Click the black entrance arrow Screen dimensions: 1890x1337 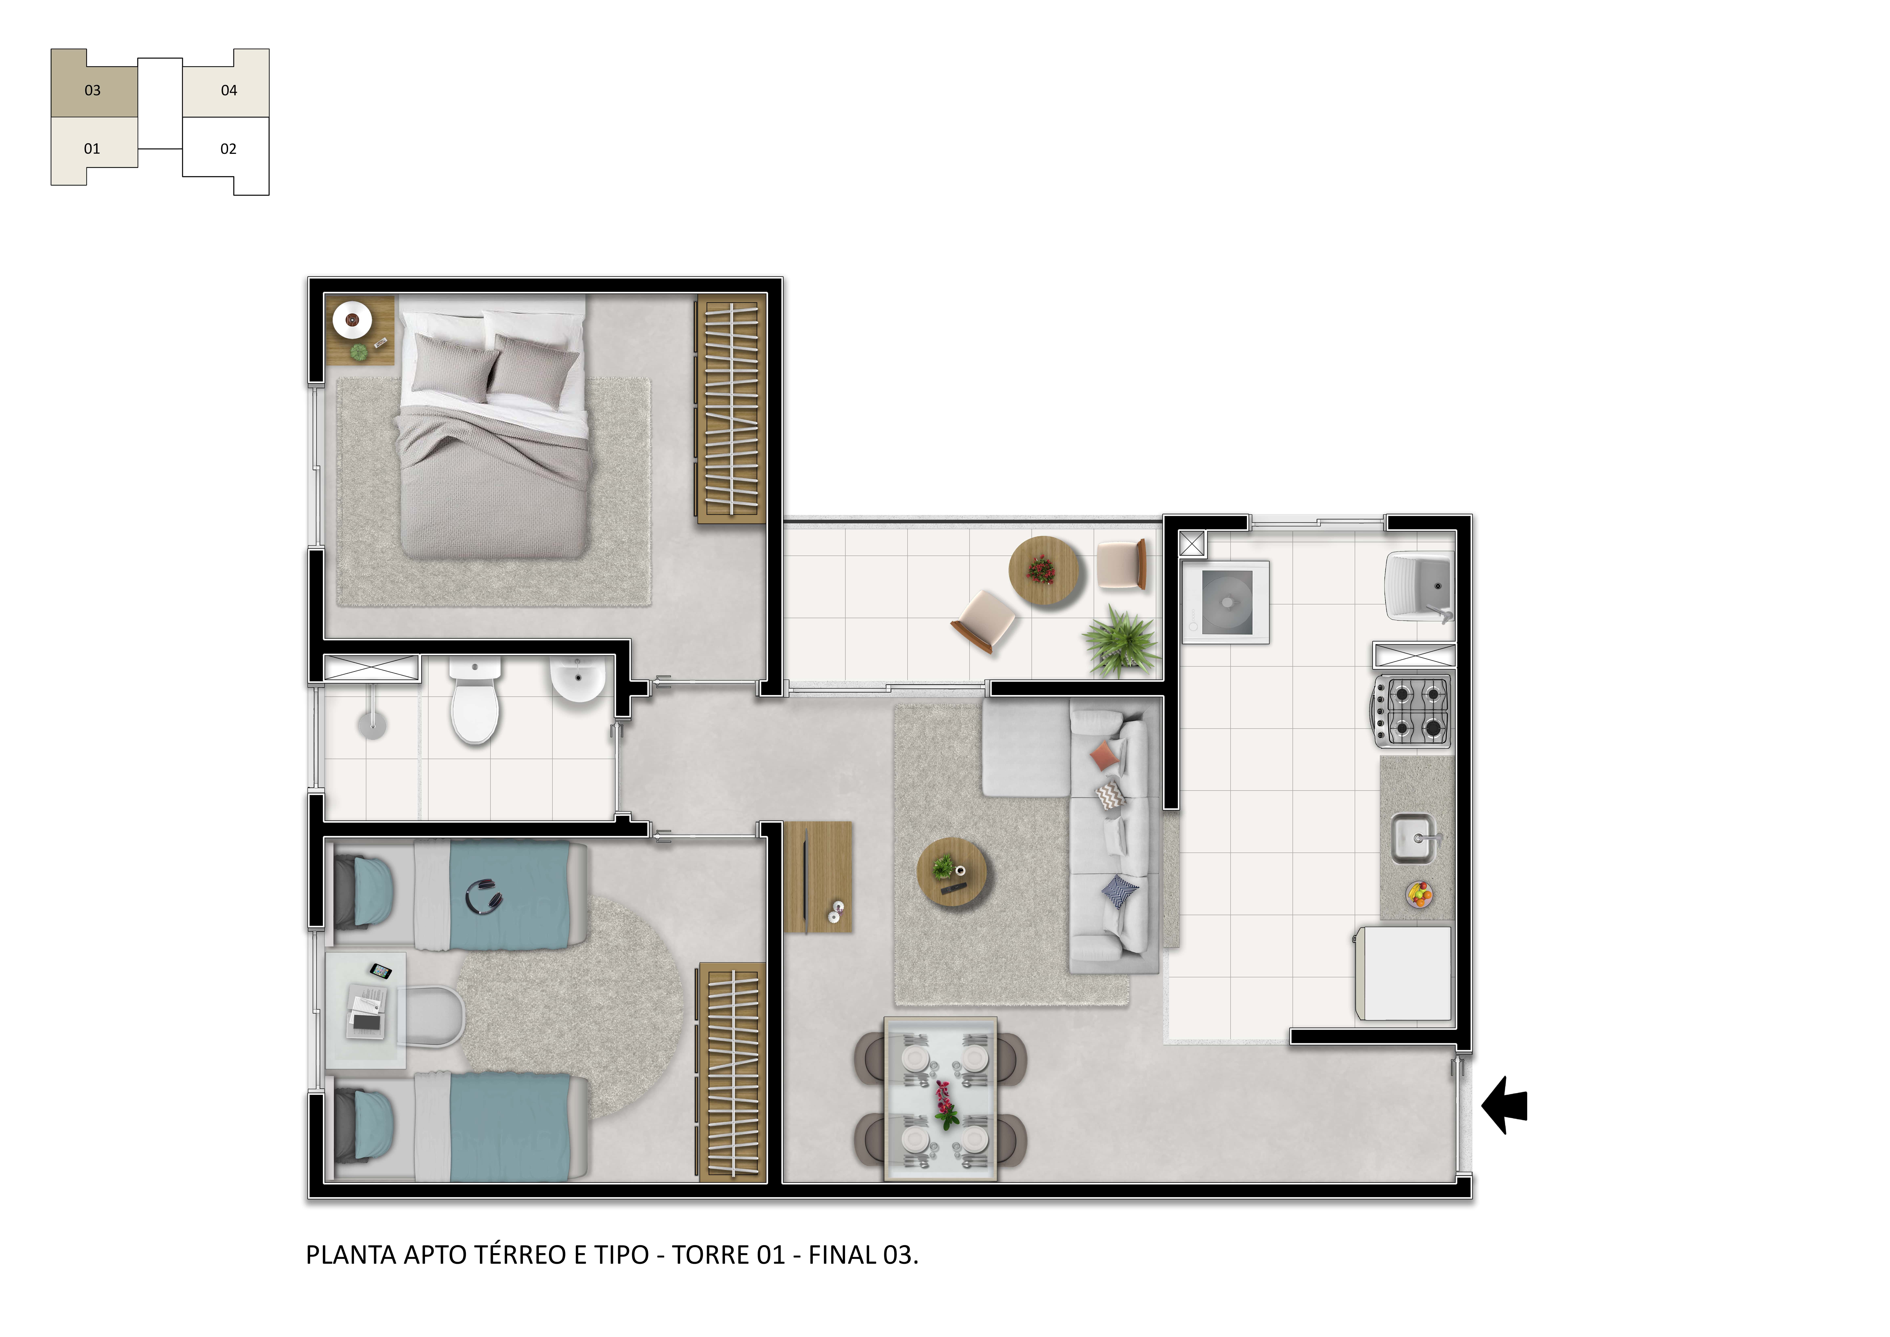tap(1506, 1105)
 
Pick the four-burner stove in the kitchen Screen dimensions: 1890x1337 tap(1412, 710)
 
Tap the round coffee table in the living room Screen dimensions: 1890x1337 tap(953, 872)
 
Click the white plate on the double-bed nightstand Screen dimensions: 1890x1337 tap(352, 319)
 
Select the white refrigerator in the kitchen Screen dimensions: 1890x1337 tap(1403, 973)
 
